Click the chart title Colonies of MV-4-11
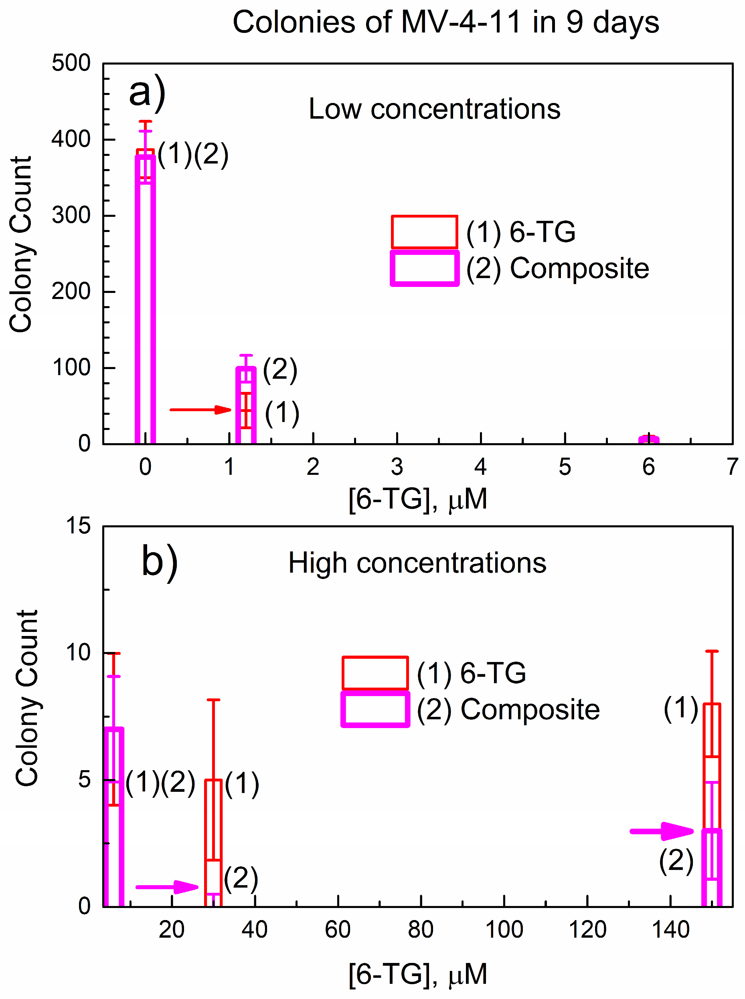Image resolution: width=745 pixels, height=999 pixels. tap(445, 22)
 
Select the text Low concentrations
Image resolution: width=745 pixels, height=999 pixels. tap(434, 109)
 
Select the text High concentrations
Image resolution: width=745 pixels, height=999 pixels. tap(417, 563)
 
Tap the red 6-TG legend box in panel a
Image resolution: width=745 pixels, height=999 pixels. tap(424, 232)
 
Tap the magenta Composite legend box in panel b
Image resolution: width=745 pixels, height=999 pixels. tap(375, 710)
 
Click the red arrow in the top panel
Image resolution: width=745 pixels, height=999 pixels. tap(200, 410)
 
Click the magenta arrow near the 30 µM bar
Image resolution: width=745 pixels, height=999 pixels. tap(166, 887)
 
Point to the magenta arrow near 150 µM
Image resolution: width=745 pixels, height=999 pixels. tap(661, 831)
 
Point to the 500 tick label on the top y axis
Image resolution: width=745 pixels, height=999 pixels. tap(71, 63)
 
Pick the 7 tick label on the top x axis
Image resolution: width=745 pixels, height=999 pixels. tap(732, 467)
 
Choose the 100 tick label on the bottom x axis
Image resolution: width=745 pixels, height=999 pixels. tap(504, 930)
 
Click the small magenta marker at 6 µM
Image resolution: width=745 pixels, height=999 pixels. tap(648, 440)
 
